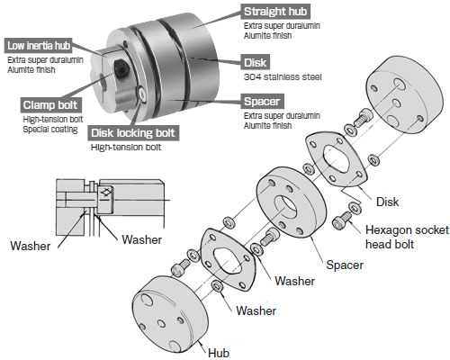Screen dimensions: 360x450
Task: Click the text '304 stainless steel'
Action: (x=281, y=78)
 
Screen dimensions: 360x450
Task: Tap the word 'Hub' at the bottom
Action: (x=219, y=352)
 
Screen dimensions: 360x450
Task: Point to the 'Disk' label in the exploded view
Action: (x=386, y=202)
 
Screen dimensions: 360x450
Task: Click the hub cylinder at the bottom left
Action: (x=172, y=314)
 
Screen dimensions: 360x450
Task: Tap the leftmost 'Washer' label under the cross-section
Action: (x=31, y=245)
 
